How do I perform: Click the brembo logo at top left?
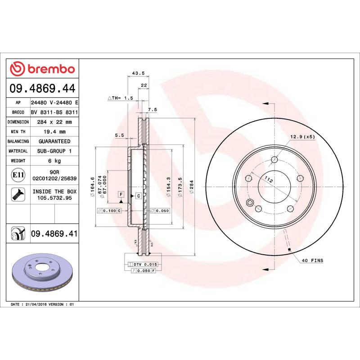click(x=42, y=69)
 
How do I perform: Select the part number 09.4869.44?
click(x=42, y=89)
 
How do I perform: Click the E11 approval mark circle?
click(x=18, y=175)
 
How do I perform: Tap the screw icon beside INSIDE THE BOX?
click(x=18, y=194)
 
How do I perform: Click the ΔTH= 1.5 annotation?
click(x=121, y=98)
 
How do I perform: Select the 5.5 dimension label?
click(x=120, y=135)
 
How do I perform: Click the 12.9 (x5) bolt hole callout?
click(x=303, y=136)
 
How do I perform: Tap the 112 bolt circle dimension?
click(x=269, y=180)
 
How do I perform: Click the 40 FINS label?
click(x=312, y=261)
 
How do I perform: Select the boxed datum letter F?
click(x=121, y=194)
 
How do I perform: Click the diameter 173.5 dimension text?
click(x=180, y=189)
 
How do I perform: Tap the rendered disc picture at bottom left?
click(x=42, y=274)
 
